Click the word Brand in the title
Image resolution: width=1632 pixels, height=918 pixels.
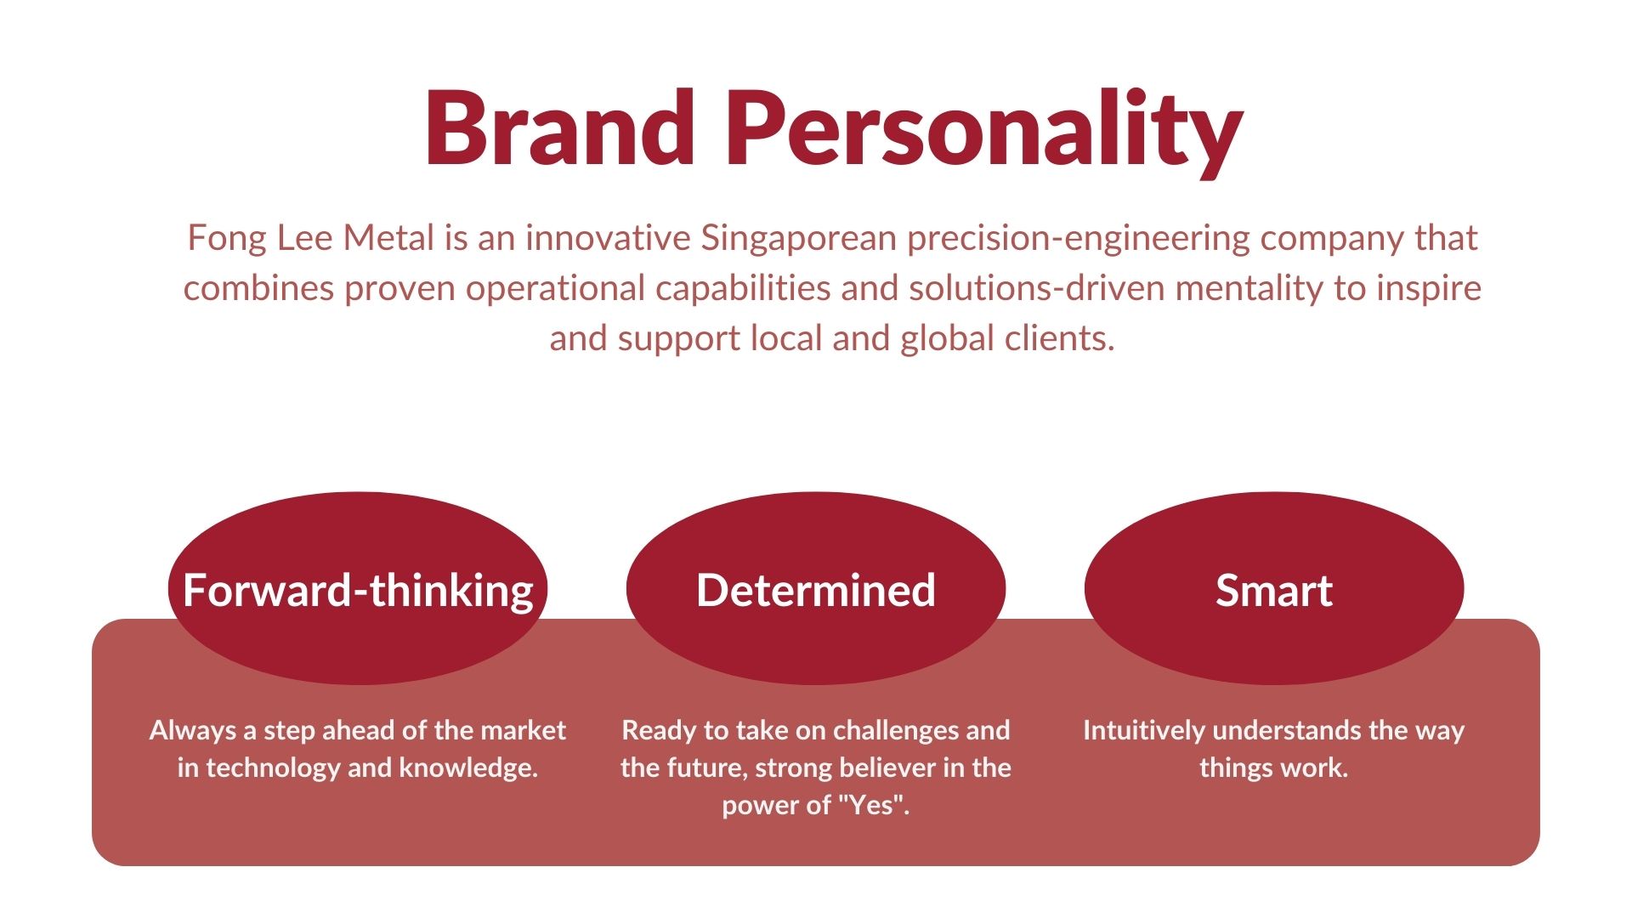(560, 127)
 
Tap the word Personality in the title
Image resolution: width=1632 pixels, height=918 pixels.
(984, 133)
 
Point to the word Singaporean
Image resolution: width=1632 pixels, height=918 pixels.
(798, 239)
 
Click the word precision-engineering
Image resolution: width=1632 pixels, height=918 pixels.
(1079, 239)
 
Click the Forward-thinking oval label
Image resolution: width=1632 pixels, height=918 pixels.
(358, 590)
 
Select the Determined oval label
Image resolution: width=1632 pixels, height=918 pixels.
(816, 588)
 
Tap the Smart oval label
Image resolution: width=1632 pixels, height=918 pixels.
(1274, 588)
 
